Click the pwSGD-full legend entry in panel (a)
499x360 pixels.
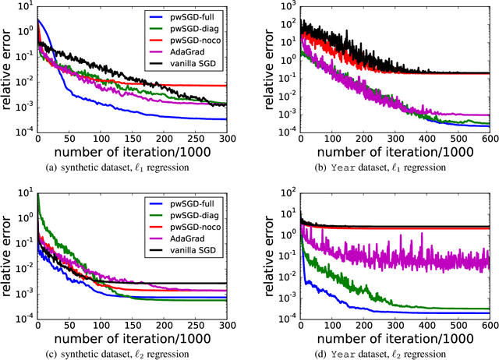[190, 16]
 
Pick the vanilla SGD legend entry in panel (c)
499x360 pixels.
[190, 247]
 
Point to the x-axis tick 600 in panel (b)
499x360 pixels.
[487, 138]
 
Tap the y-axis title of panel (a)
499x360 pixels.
[7, 69]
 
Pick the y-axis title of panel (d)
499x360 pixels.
[270, 257]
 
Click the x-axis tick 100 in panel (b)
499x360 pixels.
[332, 138]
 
